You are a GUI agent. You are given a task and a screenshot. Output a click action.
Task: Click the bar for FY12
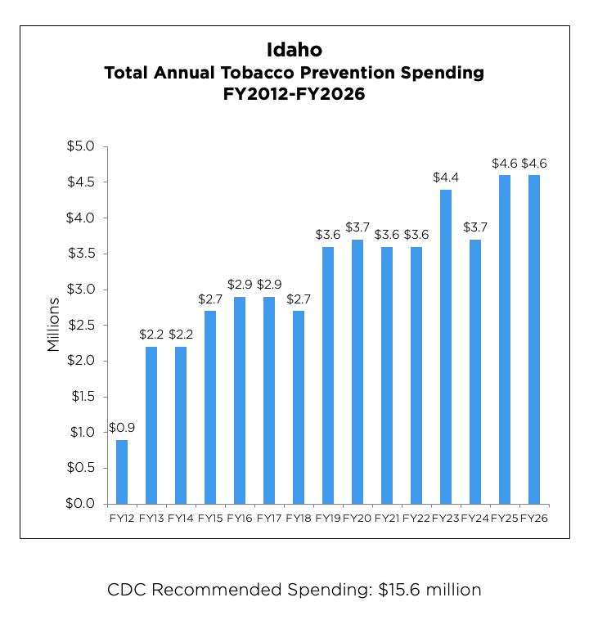click(x=122, y=471)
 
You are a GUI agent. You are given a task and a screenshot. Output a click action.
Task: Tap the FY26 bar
click(x=534, y=339)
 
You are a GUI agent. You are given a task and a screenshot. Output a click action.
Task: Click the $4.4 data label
click(x=446, y=177)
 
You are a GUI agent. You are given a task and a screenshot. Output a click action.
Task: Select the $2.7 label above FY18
click(x=299, y=299)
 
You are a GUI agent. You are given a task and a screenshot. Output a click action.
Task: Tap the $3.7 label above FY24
click(x=475, y=227)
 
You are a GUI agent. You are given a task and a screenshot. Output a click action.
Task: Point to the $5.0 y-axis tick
click(x=81, y=146)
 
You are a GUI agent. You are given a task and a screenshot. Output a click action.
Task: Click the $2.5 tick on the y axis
click(x=81, y=325)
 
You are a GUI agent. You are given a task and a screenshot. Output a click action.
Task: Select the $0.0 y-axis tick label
click(x=81, y=503)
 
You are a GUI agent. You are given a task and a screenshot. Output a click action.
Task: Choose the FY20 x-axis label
click(x=357, y=518)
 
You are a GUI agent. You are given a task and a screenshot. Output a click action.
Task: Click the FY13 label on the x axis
click(x=151, y=518)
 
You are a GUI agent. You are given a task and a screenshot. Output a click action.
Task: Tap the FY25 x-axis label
click(x=505, y=518)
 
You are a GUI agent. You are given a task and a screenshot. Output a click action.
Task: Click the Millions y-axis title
click(x=54, y=325)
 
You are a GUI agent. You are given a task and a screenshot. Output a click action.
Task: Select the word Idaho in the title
click(x=294, y=51)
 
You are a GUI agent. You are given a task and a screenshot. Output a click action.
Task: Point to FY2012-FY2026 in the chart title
click(x=294, y=94)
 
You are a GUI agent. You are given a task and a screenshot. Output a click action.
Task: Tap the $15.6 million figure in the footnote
click(x=429, y=589)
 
